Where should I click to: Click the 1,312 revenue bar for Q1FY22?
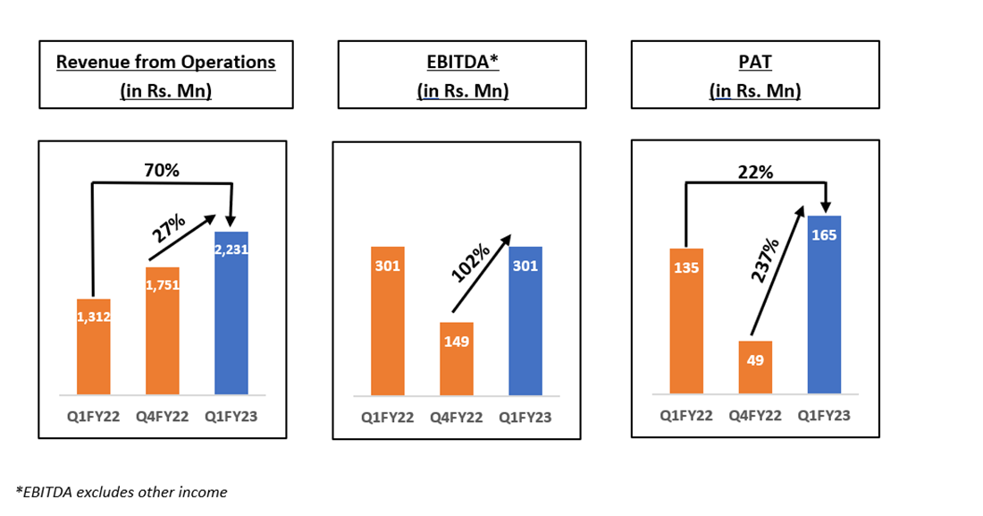93,347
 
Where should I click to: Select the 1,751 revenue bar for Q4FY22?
162,331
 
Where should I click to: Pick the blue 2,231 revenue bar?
231,313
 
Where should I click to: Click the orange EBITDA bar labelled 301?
388,320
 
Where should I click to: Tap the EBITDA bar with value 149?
457,359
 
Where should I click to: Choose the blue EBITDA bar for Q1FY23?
525,320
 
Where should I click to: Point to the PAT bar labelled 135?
685,320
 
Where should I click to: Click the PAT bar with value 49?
754,367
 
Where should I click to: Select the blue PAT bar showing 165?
823,304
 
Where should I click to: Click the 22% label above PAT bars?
754,173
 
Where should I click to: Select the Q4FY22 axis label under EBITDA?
457,417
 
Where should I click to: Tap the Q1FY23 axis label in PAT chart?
823,416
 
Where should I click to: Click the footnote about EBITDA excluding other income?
122,492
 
